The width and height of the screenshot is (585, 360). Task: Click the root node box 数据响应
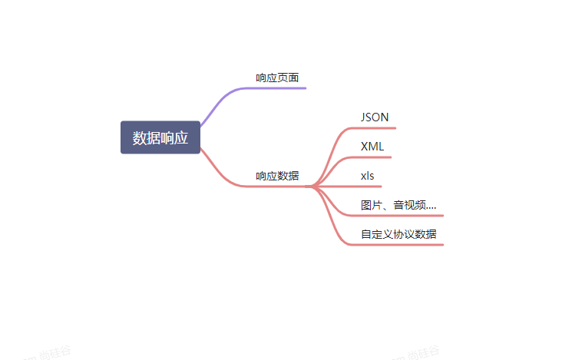(160, 137)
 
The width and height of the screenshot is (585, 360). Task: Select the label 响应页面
(277, 78)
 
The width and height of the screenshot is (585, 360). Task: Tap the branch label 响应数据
(277, 176)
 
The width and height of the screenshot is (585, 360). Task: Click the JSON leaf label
(375, 117)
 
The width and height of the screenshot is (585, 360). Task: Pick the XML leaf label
(372, 146)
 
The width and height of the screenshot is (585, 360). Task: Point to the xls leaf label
(368, 175)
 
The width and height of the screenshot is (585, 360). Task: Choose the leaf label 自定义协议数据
(398, 233)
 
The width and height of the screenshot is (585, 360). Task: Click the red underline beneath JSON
(376, 128)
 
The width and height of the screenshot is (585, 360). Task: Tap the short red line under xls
(369, 187)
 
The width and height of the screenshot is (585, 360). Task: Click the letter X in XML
(365, 146)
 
